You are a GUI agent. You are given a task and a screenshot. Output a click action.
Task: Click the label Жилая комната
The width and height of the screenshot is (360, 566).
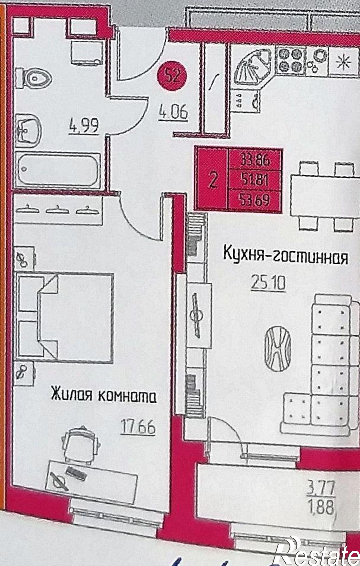[104, 395]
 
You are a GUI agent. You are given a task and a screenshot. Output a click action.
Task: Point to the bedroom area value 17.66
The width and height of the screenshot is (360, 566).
[138, 427]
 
